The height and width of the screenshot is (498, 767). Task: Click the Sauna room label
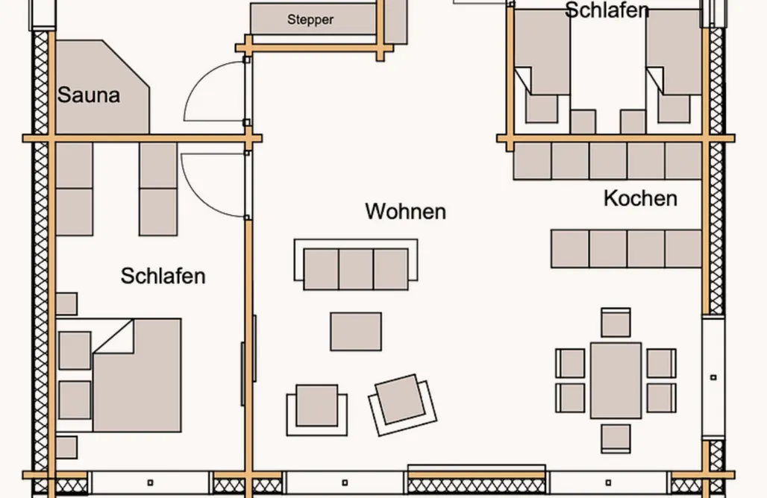[x=88, y=95]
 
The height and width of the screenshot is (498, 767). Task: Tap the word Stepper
[x=310, y=20]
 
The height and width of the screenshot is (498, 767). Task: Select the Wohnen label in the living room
[x=405, y=211]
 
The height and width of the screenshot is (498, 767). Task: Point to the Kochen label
[x=640, y=198]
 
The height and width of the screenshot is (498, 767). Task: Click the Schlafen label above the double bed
[x=163, y=276]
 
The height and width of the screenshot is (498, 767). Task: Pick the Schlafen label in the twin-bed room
[x=606, y=10]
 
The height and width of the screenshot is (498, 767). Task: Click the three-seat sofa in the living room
[x=356, y=268]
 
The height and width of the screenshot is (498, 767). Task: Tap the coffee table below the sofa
[x=356, y=332]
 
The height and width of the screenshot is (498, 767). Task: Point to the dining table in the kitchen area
[x=616, y=380]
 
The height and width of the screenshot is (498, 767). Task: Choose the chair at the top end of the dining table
[x=616, y=323]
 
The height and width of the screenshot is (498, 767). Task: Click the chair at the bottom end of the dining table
[x=616, y=438]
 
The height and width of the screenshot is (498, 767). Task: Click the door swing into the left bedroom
[x=215, y=183]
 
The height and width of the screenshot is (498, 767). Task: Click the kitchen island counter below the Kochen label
[x=626, y=249]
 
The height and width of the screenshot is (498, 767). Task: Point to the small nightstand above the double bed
[x=66, y=303]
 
